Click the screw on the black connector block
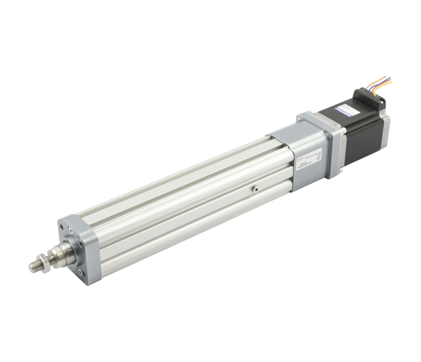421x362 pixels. click(382, 102)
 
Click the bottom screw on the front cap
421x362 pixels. click(81, 273)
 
